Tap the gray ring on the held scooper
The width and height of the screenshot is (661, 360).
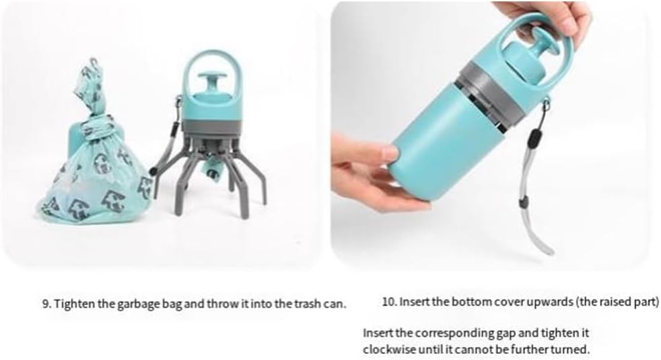(x=491, y=93)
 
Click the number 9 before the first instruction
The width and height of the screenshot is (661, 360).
(x=44, y=303)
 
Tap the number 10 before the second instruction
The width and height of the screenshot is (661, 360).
(x=388, y=301)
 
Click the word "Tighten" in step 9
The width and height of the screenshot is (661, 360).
(x=71, y=303)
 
